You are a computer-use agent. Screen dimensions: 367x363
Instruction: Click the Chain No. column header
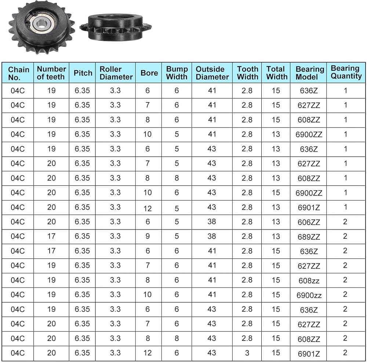point(18,73)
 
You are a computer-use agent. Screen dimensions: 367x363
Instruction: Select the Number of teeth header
point(51,73)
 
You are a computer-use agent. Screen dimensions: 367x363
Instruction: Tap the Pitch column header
point(83,73)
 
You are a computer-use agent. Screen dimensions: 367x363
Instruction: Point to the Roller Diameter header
point(116,73)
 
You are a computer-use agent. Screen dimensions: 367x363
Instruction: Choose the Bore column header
point(149,73)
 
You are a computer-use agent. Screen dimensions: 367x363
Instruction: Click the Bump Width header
point(177,73)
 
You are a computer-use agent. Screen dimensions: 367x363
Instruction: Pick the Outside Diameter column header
point(212,73)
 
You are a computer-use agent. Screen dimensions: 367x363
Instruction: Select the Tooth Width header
point(248,73)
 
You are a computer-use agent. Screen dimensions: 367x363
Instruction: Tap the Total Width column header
point(277,73)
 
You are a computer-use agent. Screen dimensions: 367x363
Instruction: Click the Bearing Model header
point(310,73)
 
